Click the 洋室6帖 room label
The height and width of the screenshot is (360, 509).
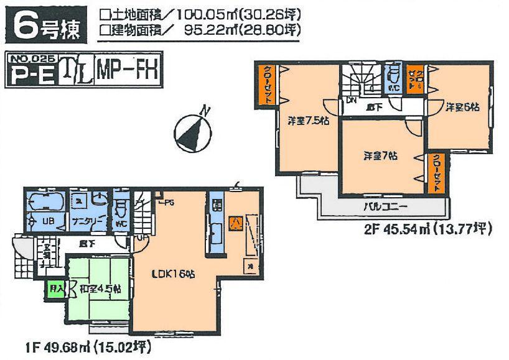[x=461, y=107]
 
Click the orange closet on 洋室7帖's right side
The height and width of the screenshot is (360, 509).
[x=436, y=173]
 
